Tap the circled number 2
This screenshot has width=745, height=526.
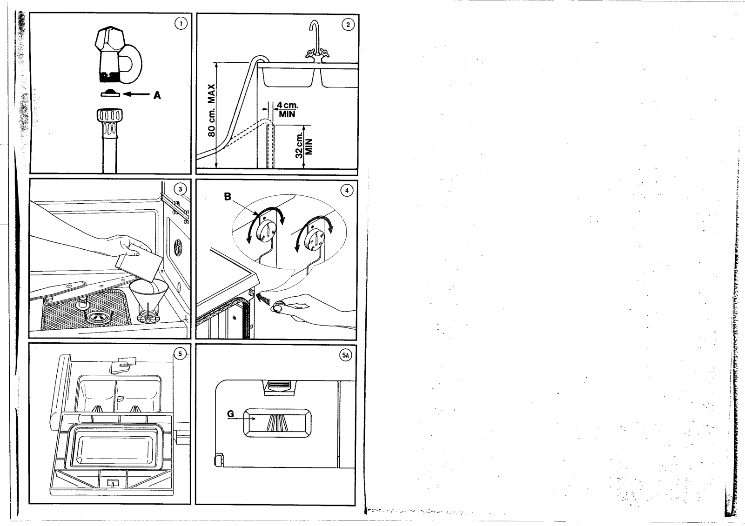pos(347,25)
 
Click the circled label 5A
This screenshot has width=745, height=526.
pos(345,356)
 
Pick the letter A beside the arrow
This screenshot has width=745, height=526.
pos(157,95)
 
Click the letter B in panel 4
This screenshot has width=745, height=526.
pos(228,197)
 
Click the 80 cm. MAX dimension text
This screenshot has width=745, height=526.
pos(211,111)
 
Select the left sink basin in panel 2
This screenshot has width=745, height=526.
pos(286,77)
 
